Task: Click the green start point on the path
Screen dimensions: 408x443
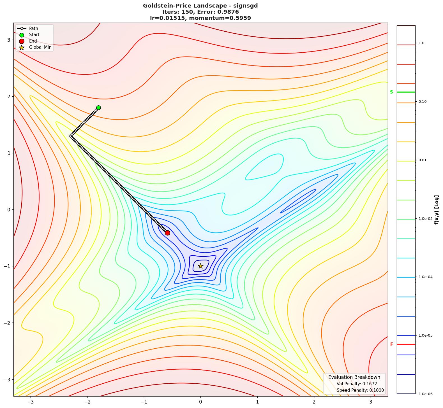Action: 98,108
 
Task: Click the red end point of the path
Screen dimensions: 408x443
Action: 167,233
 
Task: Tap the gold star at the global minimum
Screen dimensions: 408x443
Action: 200,266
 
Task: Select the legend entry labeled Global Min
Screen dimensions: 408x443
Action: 40,47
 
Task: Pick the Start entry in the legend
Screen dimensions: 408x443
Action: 34,35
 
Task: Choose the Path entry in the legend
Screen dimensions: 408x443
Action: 33,29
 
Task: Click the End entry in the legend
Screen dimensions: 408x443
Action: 33,41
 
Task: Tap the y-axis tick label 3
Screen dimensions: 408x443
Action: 9,40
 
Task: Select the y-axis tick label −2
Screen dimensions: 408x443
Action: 7,323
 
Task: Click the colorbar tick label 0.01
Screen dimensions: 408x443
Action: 423,160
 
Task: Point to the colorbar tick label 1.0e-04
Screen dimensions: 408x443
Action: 425,277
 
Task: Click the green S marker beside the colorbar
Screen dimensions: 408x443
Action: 391,92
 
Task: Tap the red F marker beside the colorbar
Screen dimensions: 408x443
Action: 392,344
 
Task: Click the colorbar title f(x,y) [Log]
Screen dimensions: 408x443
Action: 437,209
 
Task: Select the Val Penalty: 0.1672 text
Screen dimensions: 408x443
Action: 357,384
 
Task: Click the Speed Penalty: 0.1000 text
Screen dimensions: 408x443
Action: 360,390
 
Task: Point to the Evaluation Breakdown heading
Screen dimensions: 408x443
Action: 354,377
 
